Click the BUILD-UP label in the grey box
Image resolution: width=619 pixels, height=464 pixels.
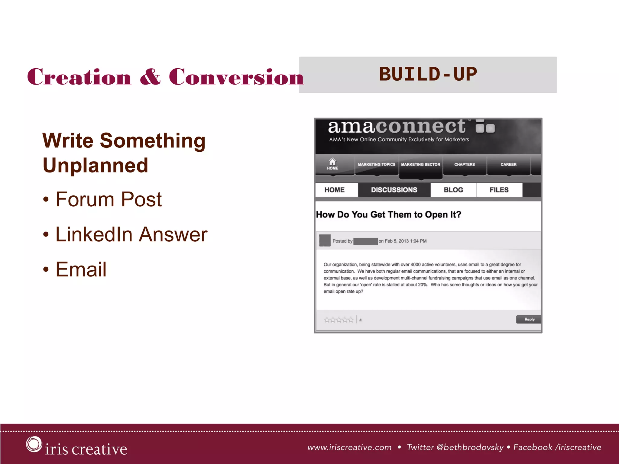click(428, 74)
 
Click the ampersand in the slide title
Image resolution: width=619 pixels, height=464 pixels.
click(150, 77)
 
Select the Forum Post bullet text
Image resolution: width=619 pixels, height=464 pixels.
click(109, 199)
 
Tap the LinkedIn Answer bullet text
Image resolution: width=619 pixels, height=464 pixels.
click(131, 234)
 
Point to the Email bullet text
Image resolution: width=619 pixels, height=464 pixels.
click(81, 269)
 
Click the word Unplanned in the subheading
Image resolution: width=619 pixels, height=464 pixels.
click(96, 165)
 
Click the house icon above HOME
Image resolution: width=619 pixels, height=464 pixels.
click(332, 161)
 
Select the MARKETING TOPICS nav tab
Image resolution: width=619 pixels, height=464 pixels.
click(376, 165)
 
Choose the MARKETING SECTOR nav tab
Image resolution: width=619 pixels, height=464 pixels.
click(420, 165)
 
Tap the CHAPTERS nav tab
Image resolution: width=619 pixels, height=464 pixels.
click(464, 165)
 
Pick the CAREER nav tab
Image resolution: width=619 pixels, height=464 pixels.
click(508, 165)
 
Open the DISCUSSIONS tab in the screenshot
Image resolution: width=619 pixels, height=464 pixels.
click(394, 190)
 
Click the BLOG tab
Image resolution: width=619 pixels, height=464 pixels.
click(453, 190)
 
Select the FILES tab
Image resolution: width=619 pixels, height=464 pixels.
click(499, 190)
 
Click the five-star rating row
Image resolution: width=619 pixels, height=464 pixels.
click(339, 320)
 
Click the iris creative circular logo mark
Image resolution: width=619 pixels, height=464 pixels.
click(34, 444)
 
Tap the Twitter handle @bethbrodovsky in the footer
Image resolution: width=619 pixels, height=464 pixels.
click(470, 447)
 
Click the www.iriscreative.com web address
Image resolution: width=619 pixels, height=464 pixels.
click(349, 447)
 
